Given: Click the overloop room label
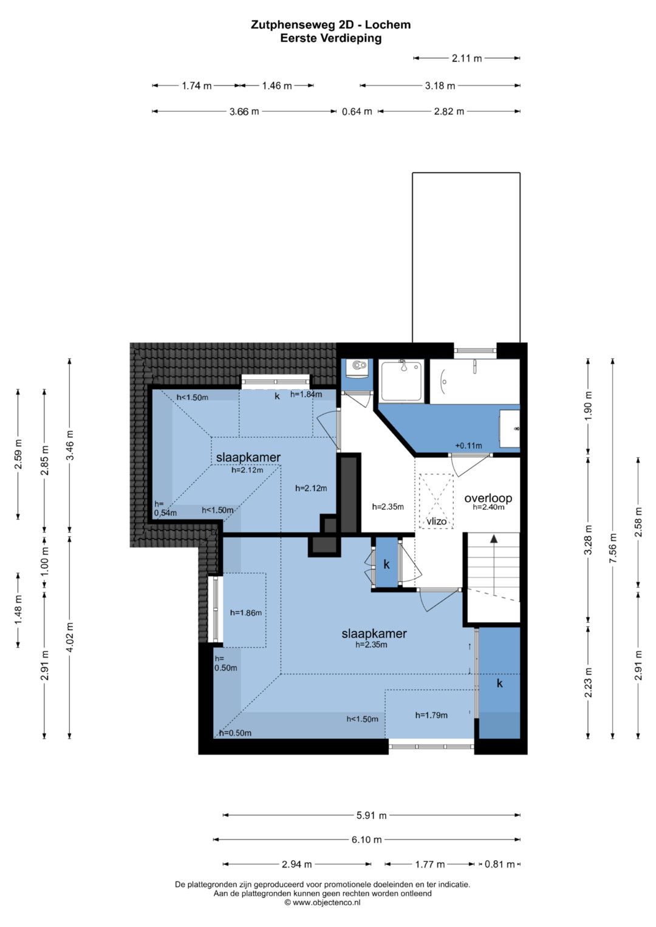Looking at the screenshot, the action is tap(488, 498).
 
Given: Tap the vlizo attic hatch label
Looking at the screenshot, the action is tap(437, 521).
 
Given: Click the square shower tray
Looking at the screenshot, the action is tap(401, 381).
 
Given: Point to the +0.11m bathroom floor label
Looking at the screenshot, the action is tap(468, 446).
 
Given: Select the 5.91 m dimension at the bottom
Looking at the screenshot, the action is tap(372, 816).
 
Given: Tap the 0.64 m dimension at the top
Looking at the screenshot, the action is tap(357, 111).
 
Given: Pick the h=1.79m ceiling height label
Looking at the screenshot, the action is tap(431, 715).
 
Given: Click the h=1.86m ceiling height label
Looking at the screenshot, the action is tap(245, 613).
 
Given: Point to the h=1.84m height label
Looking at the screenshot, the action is tap(306, 394).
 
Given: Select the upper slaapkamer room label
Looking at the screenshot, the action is tap(248, 457).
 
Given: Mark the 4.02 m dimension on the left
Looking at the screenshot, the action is tap(70, 637).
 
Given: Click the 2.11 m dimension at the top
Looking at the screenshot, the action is tap(466, 58).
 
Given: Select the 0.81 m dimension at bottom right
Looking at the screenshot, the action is tap(499, 864).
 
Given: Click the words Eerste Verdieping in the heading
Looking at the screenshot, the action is tap(330, 38).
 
